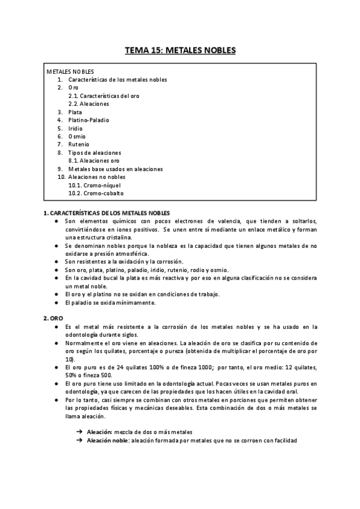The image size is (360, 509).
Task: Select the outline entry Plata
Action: click(x=76, y=112)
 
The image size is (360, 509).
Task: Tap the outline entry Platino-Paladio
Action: click(x=89, y=120)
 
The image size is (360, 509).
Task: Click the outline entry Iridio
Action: click(x=76, y=128)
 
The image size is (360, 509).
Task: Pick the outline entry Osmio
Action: click(x=77, y=136)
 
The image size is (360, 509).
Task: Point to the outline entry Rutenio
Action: click(x=79, y=144)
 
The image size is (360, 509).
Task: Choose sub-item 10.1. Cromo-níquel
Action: click(x=96, y=185)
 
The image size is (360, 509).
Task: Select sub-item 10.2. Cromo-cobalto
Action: click(x=96, y=193)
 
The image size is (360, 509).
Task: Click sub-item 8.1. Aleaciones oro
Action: click(x=94, y=160)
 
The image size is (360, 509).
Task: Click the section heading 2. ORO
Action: click(x=53, y=318)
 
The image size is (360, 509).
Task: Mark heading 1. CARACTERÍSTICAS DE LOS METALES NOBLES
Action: click(x=107, y=212)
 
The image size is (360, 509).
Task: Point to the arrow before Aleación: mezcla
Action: click(x=80, y=432)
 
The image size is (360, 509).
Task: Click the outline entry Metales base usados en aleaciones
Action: click(x=115, y=169)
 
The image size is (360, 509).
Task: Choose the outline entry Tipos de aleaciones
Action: click(x=95, y=152)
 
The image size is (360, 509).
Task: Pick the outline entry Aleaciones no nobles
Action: click(x=97, y=177)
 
